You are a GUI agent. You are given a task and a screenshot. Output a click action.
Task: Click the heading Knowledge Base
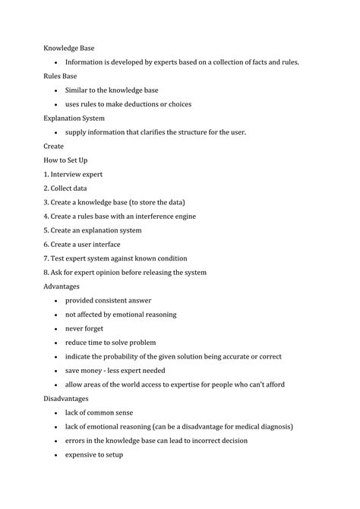click(68, 48)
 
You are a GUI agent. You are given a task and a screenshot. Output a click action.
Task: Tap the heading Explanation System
click(74, 118)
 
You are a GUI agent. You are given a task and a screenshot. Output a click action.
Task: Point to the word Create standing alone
click(54, 146)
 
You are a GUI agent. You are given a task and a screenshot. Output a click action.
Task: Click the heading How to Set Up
click(66, 160)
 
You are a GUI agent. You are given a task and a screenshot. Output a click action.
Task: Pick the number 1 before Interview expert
click(45, 174)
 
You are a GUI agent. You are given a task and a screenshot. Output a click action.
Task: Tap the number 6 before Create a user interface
click(45, 245)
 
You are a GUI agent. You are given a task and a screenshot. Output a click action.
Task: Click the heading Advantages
click(62, 286)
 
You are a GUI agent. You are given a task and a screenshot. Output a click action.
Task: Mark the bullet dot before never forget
click(56, 329)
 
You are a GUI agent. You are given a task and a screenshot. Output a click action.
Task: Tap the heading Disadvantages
click(66, 399)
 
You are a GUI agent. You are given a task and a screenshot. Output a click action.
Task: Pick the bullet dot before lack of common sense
click(56, 413)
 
